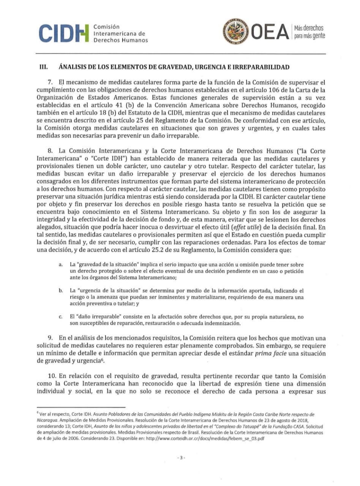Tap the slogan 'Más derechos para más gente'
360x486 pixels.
tap(309, 33)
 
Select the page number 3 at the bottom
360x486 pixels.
tap(180, 458)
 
